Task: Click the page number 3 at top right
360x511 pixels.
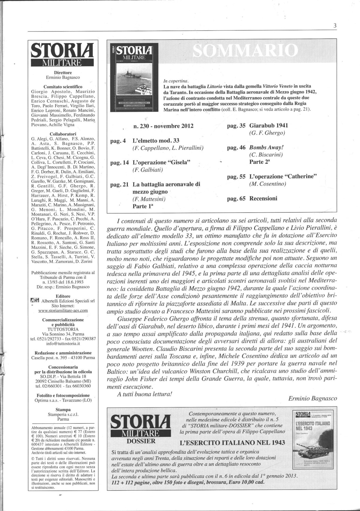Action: tap(335, 26)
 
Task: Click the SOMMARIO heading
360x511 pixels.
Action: tap(244, 51)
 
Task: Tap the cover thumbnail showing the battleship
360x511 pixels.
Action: tap(134, 79)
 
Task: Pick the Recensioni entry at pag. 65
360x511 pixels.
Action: tap(263, 198)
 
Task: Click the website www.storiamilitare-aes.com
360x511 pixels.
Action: tap(63, 310)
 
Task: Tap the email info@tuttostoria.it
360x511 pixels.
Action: tap(63, 344)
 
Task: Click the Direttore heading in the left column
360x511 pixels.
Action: tap(63, 73)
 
